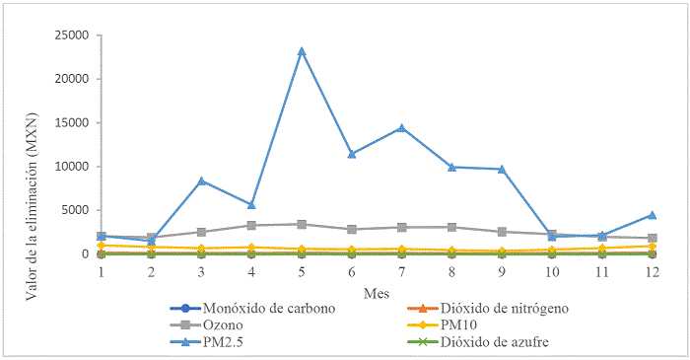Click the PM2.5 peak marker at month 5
click(x=302, y=51)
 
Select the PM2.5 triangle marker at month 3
click(x=201, y=180)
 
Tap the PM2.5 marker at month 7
click(x=401, y=127)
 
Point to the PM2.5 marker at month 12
click(x=652, y=215)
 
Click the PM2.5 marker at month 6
click(x=352, y=154)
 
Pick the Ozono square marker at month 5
click(x=302, y=225)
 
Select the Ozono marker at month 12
click(x=652, y=238)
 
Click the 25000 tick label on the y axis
click(x=70, y=36)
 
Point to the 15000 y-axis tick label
click(x=70, y=123)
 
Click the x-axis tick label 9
click(x=502, y=271)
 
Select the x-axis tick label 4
click(x=251, y=271)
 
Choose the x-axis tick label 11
click(x=601, y=271)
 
